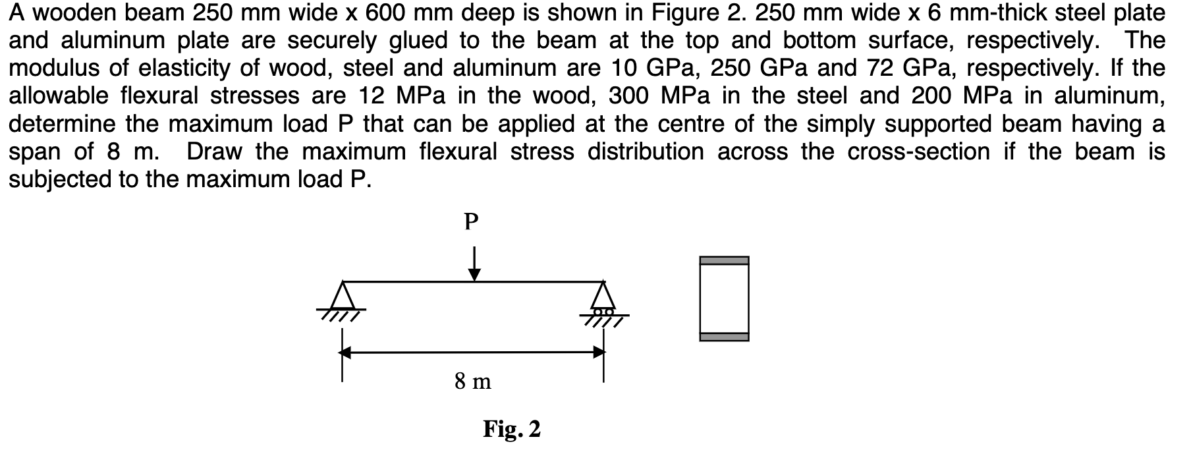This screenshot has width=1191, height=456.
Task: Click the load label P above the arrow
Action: click(x=470, y=222)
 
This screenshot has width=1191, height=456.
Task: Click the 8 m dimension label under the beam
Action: click(x=472, y=381)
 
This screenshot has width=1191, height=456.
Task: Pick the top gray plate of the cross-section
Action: click(x=724, y=260)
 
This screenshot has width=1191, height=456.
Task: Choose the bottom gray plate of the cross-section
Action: click(x=724, y=337)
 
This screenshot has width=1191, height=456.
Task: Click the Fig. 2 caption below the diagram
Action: click(x=511, y=429)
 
